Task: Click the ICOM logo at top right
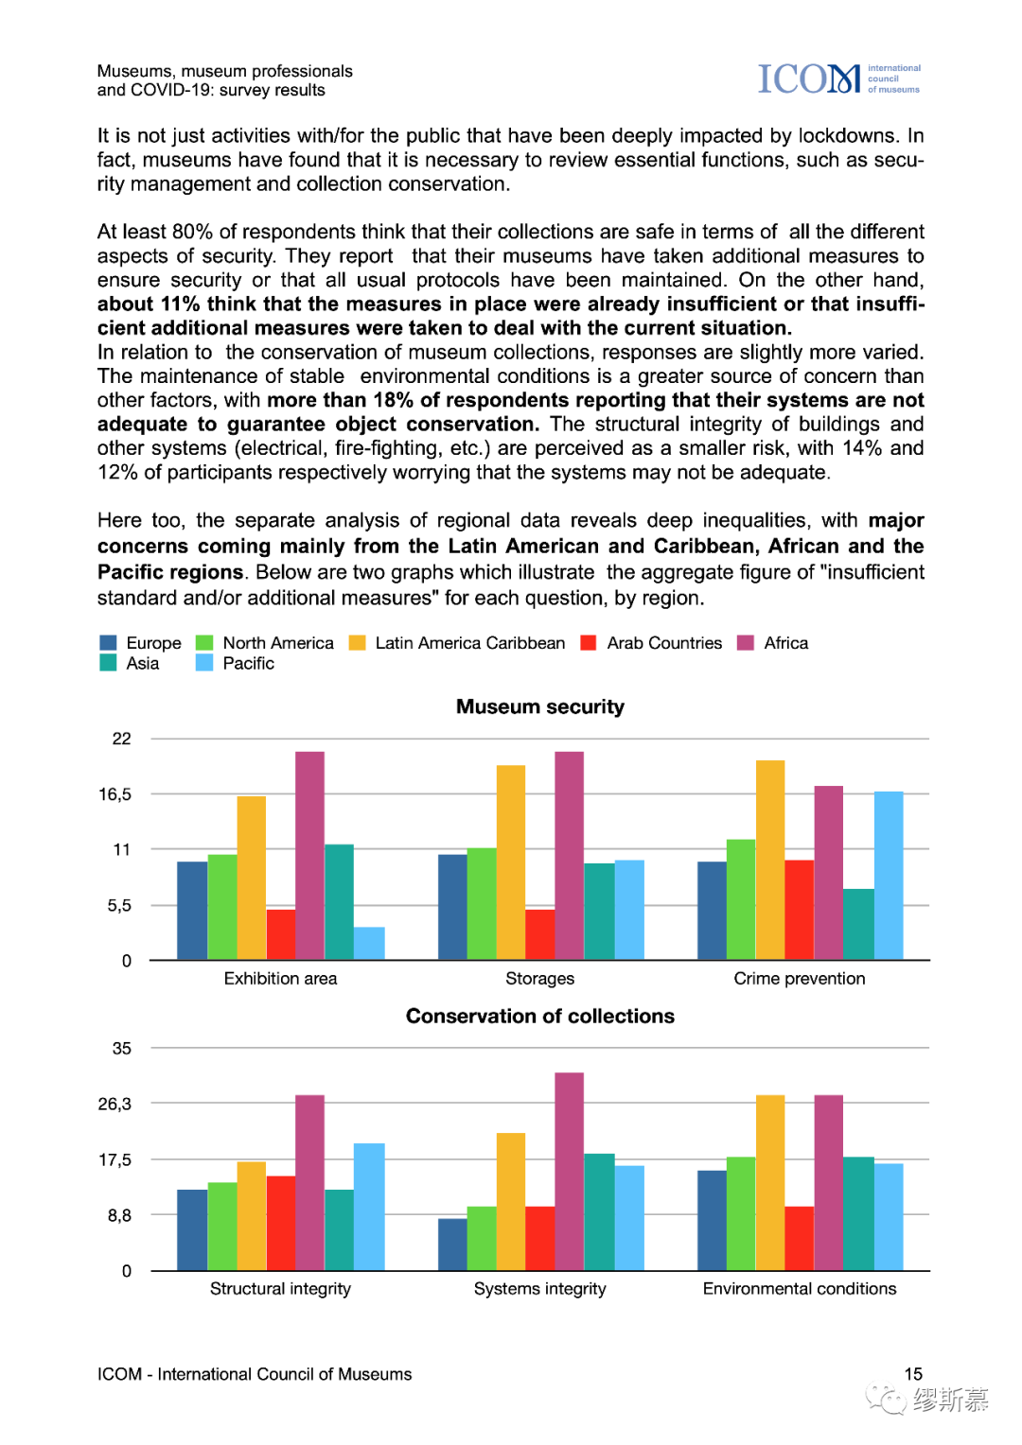tap(838, 79)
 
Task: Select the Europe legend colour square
tap(109, 643)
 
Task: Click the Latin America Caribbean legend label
tap(469, 643)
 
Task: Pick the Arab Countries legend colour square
tap(589, 643)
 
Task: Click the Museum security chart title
tap(539, 707)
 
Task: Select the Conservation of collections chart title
tap(539, 1017)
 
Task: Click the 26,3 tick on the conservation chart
tap(115, 1105)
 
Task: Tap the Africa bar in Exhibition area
tap(309, 856)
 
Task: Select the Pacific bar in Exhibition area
tap(369, 944)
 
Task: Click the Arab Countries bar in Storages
tap(539, 934)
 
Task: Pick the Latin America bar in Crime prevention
tap(769, 861)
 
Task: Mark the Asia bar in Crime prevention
tap(858, 924)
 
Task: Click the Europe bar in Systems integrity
tap(452, 1245)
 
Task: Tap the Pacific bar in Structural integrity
tap(369, 1207)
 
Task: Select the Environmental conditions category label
tap(799, 1289)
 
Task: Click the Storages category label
tap(539, 979)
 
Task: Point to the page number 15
tap(913, 1374)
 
